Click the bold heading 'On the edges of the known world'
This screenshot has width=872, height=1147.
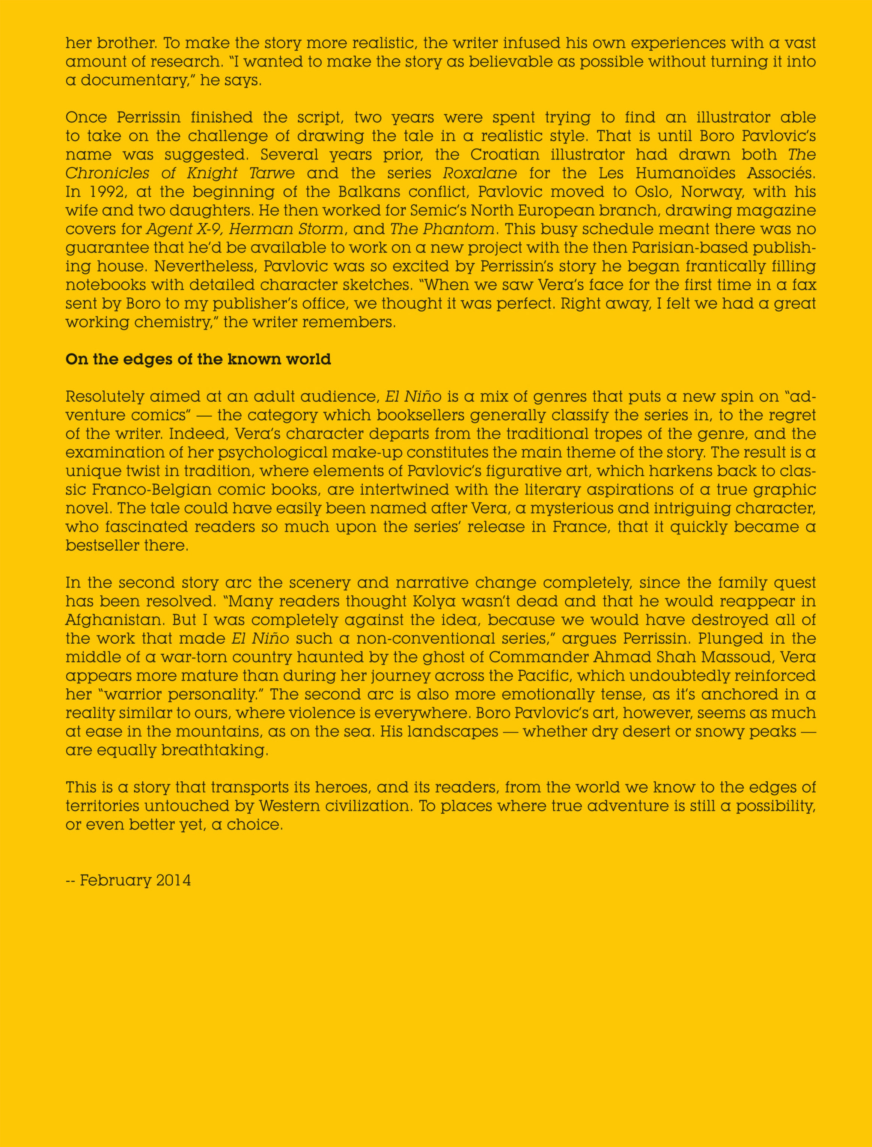[198, 359]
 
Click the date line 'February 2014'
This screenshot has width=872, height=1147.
[135, 880]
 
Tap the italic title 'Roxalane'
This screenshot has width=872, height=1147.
[480, 173]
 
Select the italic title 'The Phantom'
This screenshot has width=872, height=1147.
[442, 229]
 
